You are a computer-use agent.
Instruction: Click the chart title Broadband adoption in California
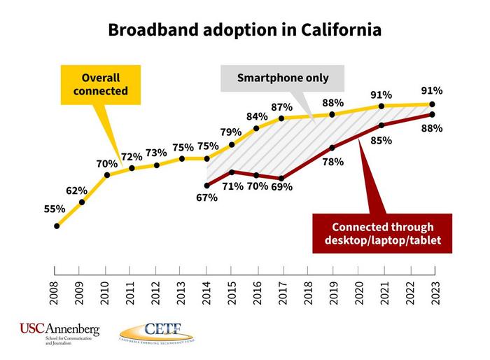[x=244, y=30]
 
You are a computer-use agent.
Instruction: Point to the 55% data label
[x=54, y=209]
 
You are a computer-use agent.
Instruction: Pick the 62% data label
[x=76, y=191]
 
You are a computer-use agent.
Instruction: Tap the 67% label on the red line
[x=207, y=198]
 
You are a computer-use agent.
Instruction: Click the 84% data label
[x=256, y=116]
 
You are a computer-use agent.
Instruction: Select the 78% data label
[x=333, y=162]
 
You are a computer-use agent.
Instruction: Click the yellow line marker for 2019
[x=332, y=114]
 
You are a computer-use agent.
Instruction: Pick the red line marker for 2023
[x=433, y=114]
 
